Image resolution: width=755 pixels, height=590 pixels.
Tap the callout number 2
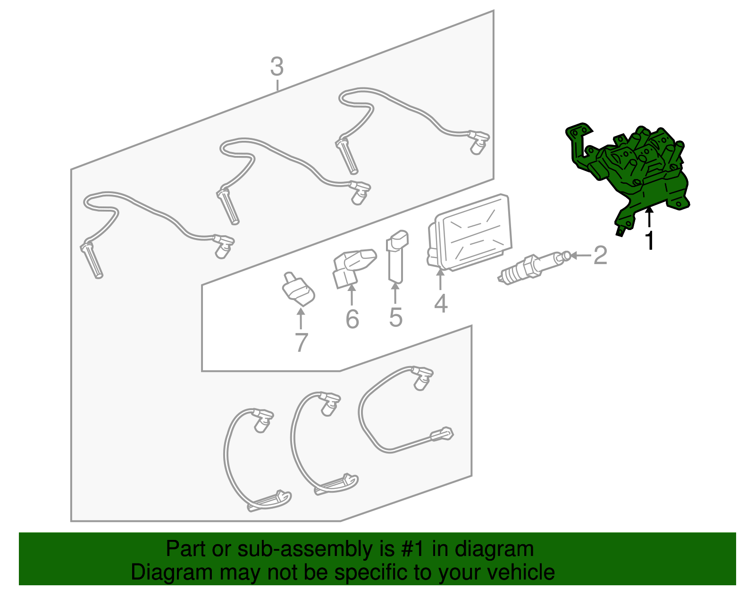tap(600, 255)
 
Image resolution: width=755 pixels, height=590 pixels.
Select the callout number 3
tap(277, 67)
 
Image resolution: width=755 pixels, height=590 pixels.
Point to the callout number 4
tap(441, 304)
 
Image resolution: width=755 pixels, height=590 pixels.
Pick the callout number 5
tap(396, 317)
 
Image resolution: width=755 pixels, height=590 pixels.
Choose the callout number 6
tap(352, 319)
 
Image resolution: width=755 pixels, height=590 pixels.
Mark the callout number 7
tap(301, 342)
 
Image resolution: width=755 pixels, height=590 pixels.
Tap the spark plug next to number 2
tap(533, 267)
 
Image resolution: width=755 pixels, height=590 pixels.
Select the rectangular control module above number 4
tap(470, 232)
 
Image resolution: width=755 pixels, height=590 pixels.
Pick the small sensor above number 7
tap(298, 289)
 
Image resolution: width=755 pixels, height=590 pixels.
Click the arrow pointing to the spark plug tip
tap(580, 256)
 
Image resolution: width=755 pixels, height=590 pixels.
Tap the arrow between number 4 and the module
tap(440, 279)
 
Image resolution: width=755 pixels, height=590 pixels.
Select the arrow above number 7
tap(301, 318)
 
